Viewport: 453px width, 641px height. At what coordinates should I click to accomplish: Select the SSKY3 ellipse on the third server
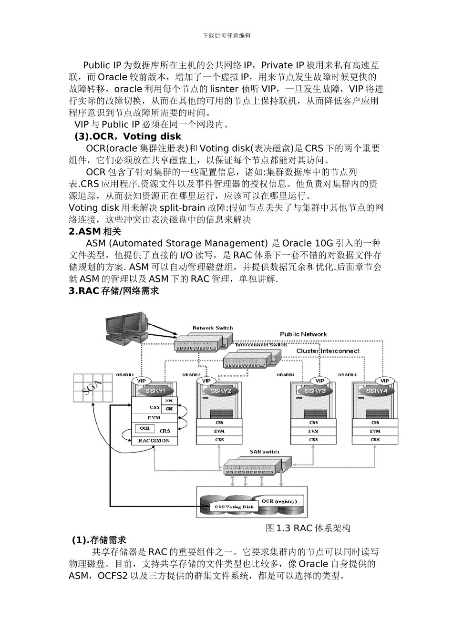315,391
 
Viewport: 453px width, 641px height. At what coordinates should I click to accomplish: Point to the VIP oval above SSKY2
206,381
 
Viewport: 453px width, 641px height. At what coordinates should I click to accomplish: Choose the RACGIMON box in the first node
154,441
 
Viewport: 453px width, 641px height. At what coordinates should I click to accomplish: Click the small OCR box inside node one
144,428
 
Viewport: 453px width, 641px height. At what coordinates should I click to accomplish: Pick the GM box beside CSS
169,409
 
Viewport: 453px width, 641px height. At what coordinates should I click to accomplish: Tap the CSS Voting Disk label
234,507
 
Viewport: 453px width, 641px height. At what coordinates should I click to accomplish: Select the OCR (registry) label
279,501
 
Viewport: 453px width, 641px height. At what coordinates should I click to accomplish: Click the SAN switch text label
264,451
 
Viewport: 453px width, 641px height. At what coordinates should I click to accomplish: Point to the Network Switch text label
213,328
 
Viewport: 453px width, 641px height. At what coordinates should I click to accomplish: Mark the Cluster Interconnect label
328,351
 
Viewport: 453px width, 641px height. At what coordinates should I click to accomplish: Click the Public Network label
303,334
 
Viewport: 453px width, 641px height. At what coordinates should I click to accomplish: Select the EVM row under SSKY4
375,431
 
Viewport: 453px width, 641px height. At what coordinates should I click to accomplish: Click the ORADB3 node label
286,375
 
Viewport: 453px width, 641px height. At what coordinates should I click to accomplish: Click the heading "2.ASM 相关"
95,232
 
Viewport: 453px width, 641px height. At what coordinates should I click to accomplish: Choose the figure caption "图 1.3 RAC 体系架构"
308,528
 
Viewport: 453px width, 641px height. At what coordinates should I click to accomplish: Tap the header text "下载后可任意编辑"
226,35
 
